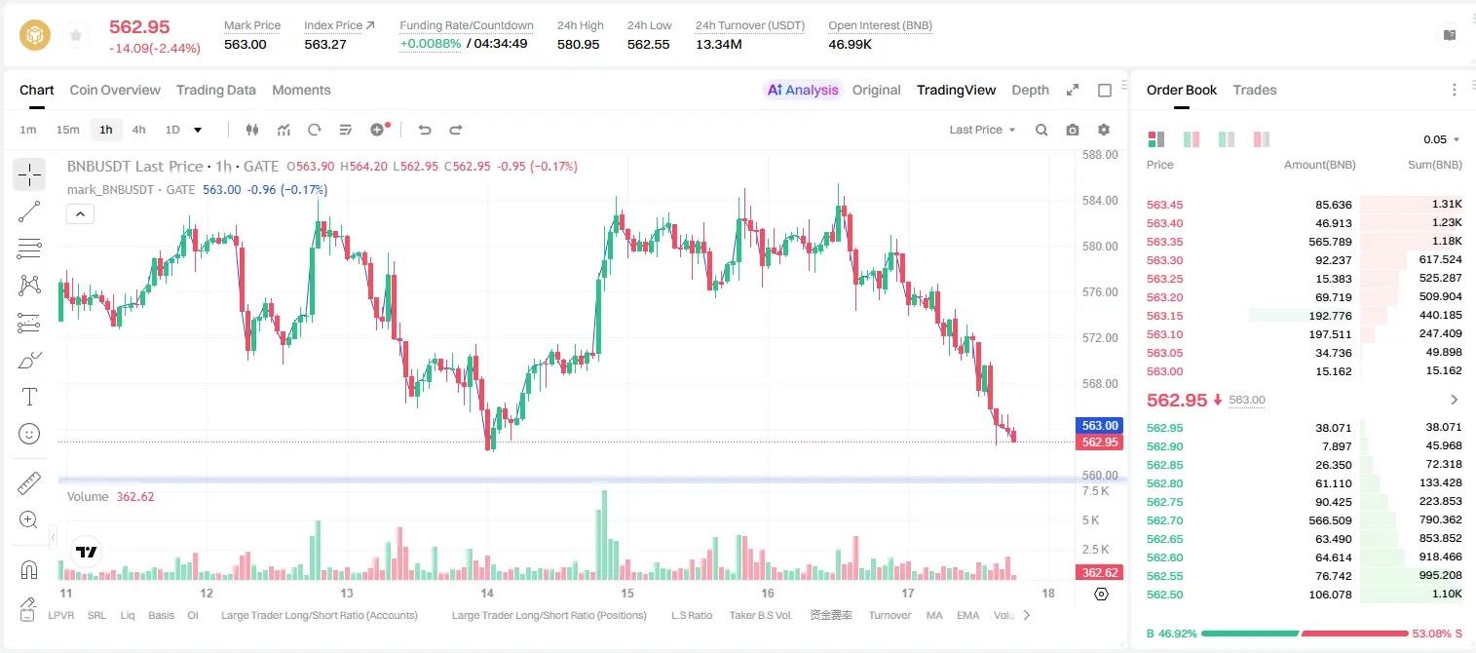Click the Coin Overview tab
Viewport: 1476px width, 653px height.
tap(115, 90)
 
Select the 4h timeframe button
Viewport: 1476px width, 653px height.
tap(138, 130)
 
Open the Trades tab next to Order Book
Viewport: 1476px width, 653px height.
tap(1255, 90)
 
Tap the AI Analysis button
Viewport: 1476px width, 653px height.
tap(803, 90)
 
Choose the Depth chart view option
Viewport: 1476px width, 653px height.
tap(1030, 90)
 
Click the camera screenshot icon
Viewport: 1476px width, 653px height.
tap(1073, 130)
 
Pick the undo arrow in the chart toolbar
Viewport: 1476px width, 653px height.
tap(425, 130)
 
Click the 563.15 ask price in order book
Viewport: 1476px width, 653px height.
tap(1164, 316)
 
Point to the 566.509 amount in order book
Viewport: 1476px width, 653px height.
tap(1330, 520)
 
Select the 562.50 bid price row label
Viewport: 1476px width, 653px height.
tap(1164, 595)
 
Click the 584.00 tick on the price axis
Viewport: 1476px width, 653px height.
tap(1100, 201)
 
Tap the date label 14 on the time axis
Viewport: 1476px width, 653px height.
tap(487, 593)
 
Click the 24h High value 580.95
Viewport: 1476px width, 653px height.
tap(578, 44)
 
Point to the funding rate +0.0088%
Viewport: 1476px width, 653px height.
tap(431, 44)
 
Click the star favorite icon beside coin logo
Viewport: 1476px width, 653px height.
tap(76, 35)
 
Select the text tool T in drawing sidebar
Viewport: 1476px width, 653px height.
tap(29, 397)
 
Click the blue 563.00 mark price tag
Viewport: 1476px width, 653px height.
tap(1099, 426)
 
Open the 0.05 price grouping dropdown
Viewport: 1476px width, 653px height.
tap(1441, 139)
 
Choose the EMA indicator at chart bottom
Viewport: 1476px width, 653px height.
tap(967, 615)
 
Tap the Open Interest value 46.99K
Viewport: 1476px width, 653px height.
tap(850, 44)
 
